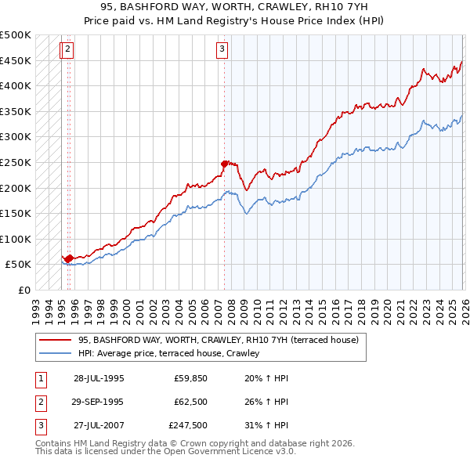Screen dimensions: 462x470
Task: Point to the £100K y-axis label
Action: pos(16,239)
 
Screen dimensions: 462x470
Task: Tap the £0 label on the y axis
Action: pos(23,290)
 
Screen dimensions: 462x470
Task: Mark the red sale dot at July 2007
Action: pos(224,164)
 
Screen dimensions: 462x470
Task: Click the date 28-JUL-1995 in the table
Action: pos(99,377)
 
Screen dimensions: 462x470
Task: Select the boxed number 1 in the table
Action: pos(40,377)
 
